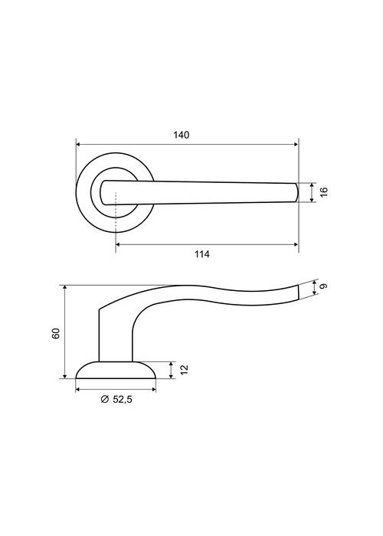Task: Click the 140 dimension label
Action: (181, 135)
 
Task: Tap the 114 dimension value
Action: (202, 254)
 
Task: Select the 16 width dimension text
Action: (324, 191)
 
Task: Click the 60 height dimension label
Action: (56, 333)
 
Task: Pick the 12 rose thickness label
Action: (184, 370)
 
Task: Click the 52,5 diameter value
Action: (122, 399)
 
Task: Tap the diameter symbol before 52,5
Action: (105, 399)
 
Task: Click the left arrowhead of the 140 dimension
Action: (78, 145)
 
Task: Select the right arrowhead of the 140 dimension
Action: (296, 145)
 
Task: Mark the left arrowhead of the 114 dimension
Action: (118, 244)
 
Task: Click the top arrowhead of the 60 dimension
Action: (64, 287)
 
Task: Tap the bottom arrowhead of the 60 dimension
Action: (64, 376)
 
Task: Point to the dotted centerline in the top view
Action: (116, 213)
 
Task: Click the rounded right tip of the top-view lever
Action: (297, 192)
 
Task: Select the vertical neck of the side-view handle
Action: (115, 335)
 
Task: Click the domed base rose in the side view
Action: (116, 370)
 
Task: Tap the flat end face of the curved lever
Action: (299, 292)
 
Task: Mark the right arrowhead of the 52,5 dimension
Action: (153, 389)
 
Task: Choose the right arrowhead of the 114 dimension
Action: (296, 244)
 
